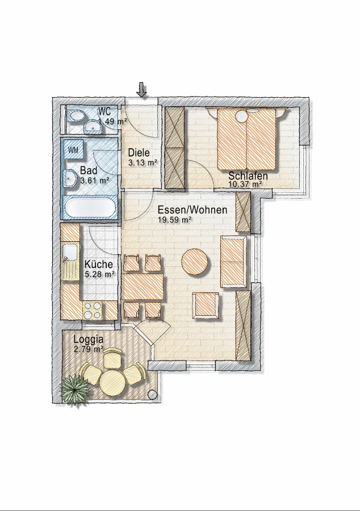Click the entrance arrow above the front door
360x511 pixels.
141,90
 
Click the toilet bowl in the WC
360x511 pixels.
76,116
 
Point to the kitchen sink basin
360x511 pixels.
70,253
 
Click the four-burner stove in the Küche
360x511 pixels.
93,310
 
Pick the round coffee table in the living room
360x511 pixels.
195,262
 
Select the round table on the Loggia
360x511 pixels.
113,382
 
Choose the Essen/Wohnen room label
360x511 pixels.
192,210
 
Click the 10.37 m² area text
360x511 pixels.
246,184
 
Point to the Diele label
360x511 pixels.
139,153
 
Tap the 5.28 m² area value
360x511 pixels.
99,274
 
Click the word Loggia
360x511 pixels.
89,340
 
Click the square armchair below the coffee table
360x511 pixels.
205,305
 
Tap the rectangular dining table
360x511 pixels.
143,287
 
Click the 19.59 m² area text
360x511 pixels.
174,220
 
